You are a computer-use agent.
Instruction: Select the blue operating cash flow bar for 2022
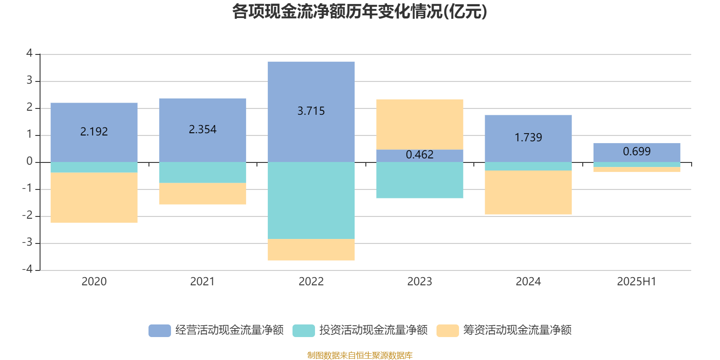pos(311,85)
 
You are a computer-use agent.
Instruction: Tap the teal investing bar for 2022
pos(311,200)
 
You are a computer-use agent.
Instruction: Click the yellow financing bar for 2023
pos(419,124)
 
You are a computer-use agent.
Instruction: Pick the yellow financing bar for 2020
pos(94,198)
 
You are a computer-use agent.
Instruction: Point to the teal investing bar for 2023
pos(419,180)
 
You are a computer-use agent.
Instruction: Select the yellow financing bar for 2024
pos(528,193)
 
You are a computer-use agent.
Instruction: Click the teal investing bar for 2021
pos(202,172)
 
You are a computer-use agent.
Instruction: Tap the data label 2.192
pos(94,131)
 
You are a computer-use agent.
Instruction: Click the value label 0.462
pos(419,155)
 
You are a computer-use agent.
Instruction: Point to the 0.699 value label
pos(636,152)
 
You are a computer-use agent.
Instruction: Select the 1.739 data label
pos(528,137)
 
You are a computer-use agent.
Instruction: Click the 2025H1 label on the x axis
pos(636,282)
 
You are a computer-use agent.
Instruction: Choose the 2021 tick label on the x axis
pos(202,282)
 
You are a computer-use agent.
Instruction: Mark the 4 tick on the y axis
pos(30,53)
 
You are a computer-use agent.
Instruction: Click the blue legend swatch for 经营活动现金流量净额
pos(159,330)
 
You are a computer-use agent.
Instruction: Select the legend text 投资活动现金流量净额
pos(373,330)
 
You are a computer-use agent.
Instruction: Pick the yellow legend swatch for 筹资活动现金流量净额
pos(447,330)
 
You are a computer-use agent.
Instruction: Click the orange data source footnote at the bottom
pos(360,355)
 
